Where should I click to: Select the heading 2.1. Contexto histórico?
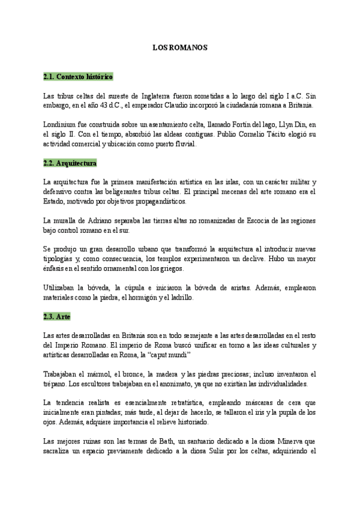pos(78,77)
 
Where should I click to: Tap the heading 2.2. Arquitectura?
pos(70,163)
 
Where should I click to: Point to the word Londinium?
pos(59,124)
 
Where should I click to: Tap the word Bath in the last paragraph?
pos(173,440)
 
